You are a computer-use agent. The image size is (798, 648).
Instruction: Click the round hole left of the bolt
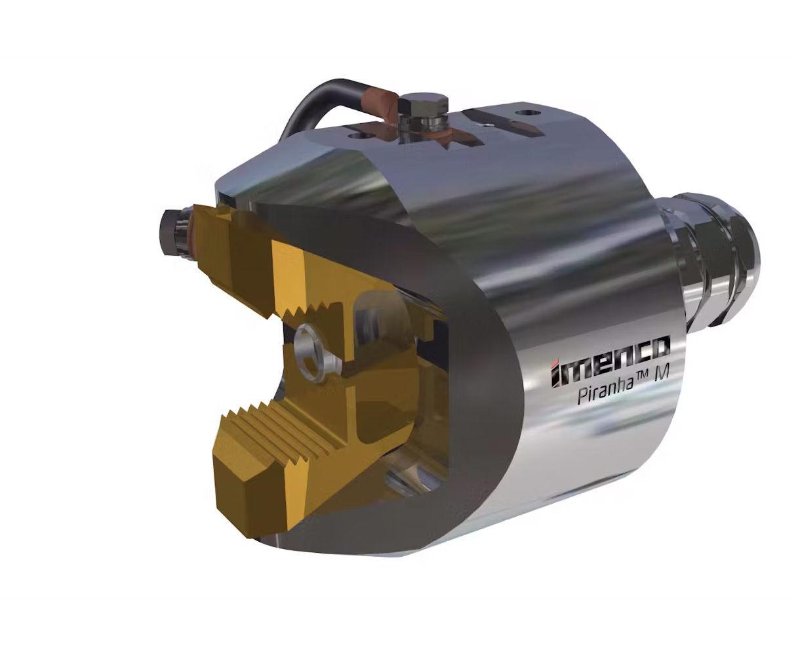click(x=360, y=136)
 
